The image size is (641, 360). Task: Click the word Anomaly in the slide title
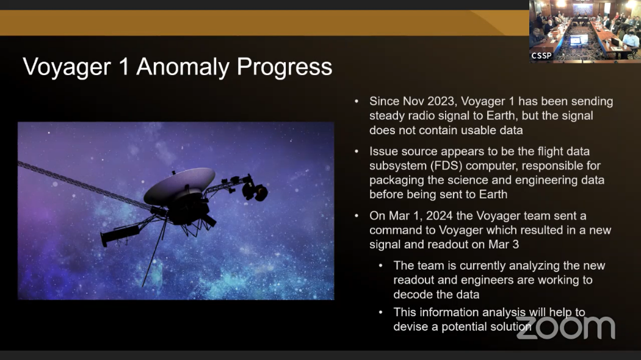[x=183, y=67]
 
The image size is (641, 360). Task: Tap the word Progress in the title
[x=284, y=67]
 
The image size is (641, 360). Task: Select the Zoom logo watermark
[x=566, y=327]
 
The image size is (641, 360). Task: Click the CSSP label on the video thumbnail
[x=541, y=56]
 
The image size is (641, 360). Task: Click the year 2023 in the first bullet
[x=441, y=101]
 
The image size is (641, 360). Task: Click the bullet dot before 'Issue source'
[x=357, y=151]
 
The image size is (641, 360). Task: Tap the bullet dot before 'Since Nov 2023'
[x=357, y=101]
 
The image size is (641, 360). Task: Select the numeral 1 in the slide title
[x=123, y=67]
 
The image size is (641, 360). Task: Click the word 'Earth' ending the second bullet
[x=493, y=195]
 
